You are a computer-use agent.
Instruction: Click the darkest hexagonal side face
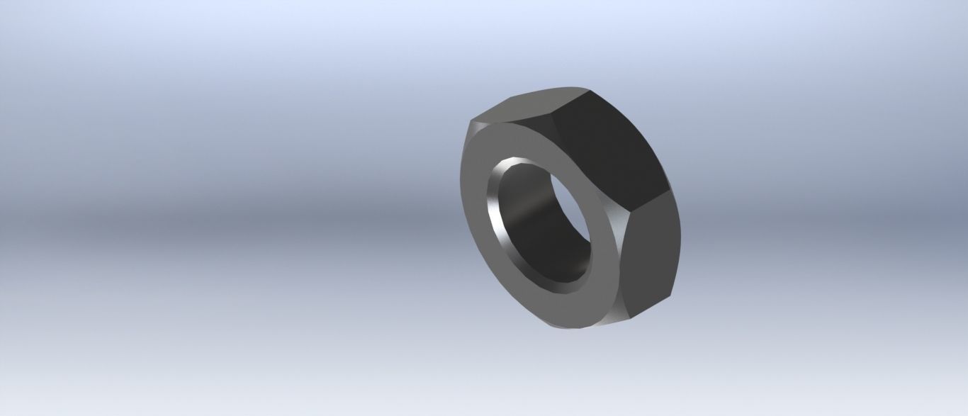pyautogui.click(x=609, y=149)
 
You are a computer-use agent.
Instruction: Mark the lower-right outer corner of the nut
pyautogui.click(x=670, y=294)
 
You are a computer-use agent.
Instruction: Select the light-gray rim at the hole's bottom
pyautogui.click(x=546, y=283)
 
